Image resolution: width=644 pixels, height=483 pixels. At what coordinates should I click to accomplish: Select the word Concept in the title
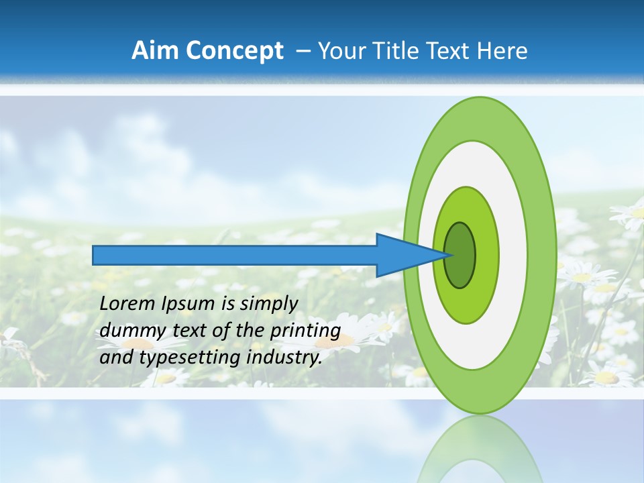point(233,52)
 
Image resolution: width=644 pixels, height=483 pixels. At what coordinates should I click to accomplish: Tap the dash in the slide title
point(303,52)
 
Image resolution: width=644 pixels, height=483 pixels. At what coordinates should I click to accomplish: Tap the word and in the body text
point(115,358)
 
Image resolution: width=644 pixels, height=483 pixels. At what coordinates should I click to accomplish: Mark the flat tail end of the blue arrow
point(95,255)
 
